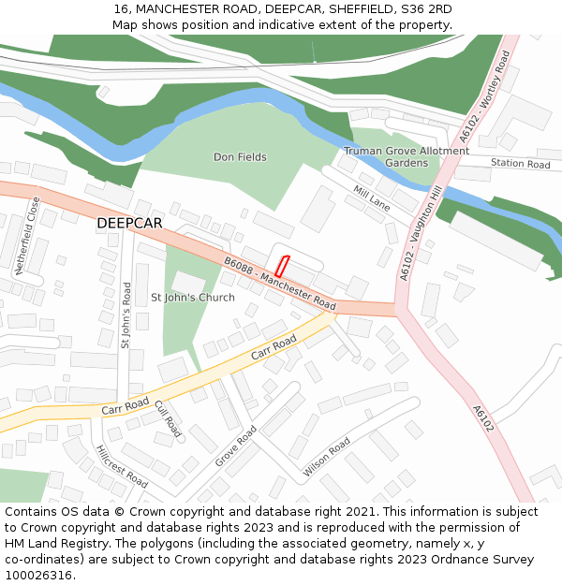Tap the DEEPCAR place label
click(x=129, y=223)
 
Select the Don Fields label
click(x=240, y=157)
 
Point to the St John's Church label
click(x=193, y=298)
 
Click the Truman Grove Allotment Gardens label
click(x=407, y=156)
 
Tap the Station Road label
click(x=520, y=165)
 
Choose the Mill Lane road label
click(x=372, y=197)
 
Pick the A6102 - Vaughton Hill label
click(x=421, y=232)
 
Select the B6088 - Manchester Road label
click(x=279, y=284)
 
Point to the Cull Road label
click(x=168, y=418)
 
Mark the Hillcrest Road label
click(x=122, y=466)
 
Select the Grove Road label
click(x=235, y=446)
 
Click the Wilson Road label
click(x=327, y=457)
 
